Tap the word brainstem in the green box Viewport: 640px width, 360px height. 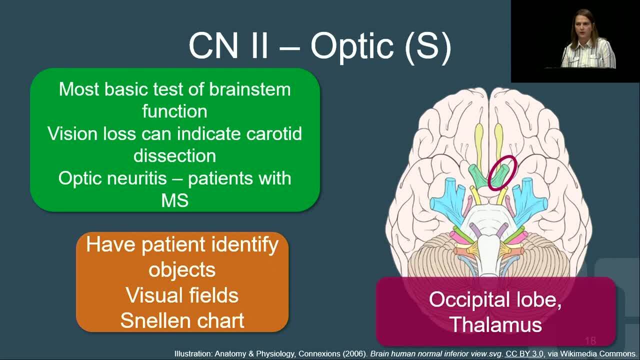pyautogui.click(x=249, y=89)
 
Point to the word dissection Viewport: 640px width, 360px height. pyautogui.click(x=174, y=155)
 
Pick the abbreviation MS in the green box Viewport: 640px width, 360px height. pyautogui.click(x=175, y=200)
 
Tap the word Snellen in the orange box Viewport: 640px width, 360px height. pyautogui.click(x=151, y=320)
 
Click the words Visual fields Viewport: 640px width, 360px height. pyautogui.click(x=182, y=295)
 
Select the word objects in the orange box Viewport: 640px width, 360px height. pyautogui.click(x=182, y=270)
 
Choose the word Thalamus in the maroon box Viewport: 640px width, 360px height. pyautogui.click(x=495, y=324)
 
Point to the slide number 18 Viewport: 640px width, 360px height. pyautogui.click(x=590, y=340)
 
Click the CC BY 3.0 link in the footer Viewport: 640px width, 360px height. pyautogui.click(x=524, y=353)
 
